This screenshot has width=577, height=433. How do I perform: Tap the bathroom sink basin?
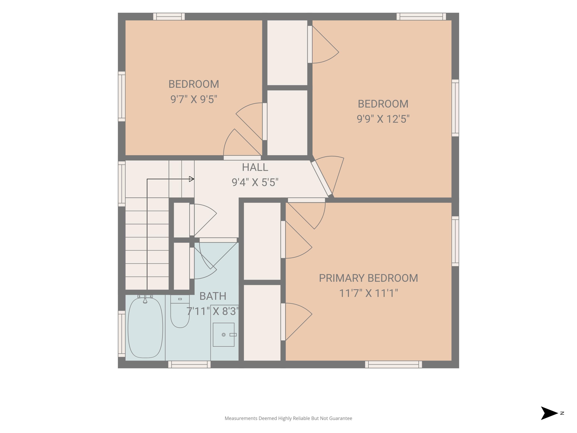(223, 335)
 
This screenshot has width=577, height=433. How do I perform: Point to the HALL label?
(255, 167)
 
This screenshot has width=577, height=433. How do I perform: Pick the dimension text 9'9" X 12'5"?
(383, 119)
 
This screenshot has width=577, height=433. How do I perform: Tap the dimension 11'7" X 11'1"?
(368, 293)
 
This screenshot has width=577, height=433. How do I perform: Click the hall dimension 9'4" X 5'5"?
(255, 182)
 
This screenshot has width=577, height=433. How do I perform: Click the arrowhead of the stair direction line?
(191, 179)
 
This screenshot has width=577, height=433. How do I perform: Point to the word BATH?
(213, 296)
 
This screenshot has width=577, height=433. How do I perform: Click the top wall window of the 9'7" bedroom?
(169, 16)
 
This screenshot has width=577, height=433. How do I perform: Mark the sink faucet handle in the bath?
(233, 335)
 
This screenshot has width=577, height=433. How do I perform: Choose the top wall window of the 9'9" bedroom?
(421, 16)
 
